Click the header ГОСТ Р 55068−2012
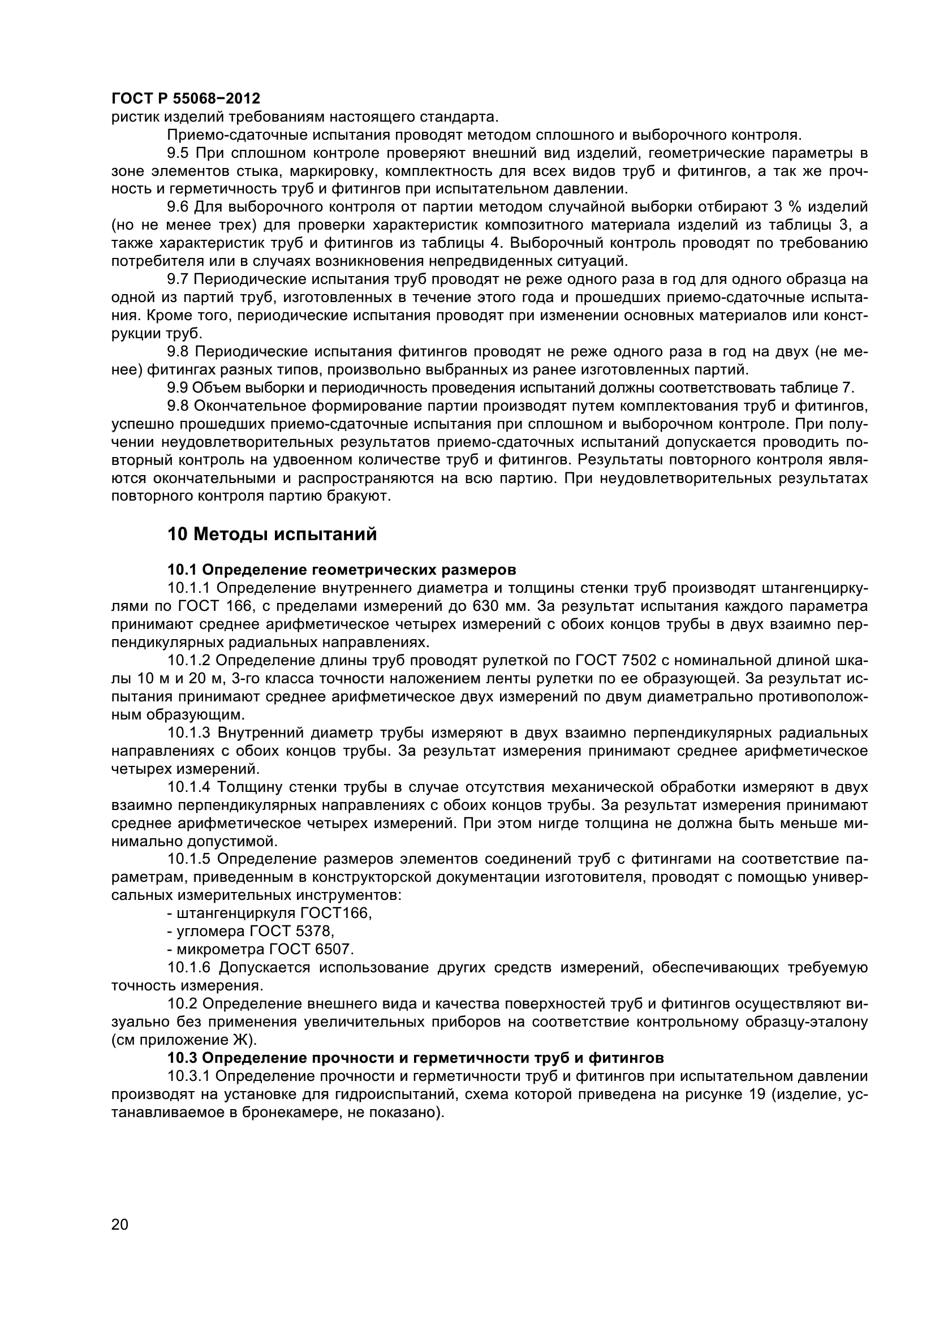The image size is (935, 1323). (186, 98)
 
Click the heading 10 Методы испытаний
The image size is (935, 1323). (272, 534)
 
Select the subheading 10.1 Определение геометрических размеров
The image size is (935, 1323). (342, 570)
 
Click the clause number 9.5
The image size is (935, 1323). (178, 153)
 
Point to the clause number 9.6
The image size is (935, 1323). (178, 207)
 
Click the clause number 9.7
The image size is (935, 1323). (178, 279)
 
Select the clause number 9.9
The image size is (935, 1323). (178, 387)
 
